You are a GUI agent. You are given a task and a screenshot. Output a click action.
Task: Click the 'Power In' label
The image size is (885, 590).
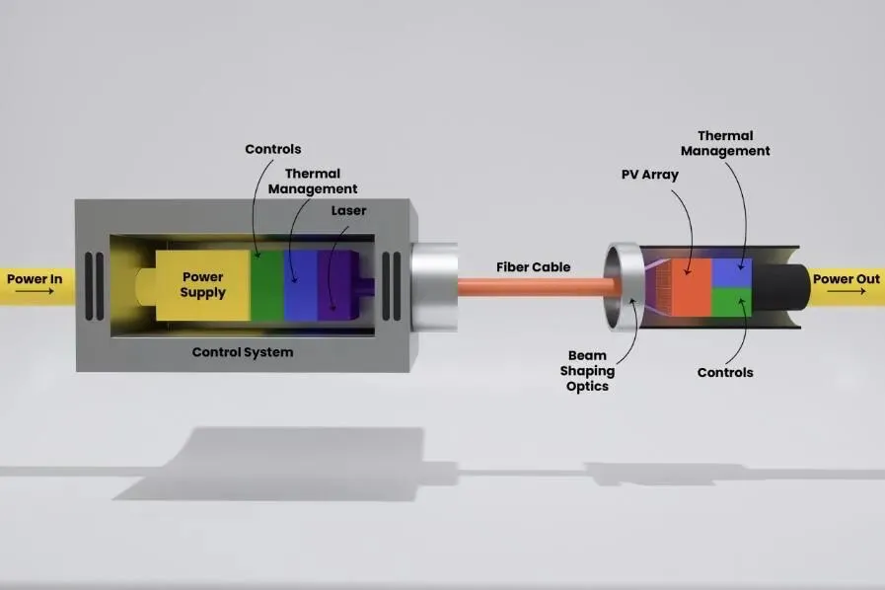coord(35,279)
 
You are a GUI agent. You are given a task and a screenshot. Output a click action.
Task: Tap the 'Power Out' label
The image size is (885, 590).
coord(846,279)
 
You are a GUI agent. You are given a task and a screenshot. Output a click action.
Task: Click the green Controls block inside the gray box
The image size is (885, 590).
coord(266,286)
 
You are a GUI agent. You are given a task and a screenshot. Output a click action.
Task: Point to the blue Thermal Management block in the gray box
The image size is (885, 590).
coord(299,286)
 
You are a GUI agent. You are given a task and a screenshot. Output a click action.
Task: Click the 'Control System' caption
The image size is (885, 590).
coord(242,351)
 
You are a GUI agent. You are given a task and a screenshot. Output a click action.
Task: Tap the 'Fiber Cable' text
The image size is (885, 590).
coord(533,267)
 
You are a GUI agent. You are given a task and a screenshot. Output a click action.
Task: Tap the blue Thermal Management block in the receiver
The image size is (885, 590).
coord(731,271)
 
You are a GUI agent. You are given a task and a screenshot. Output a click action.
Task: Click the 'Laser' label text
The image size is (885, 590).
coord(348,210)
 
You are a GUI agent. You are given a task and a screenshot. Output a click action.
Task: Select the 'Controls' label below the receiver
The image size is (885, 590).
coord(725,372)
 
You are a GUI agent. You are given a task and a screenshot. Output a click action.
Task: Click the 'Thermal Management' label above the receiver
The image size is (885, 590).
coord(733,143)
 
